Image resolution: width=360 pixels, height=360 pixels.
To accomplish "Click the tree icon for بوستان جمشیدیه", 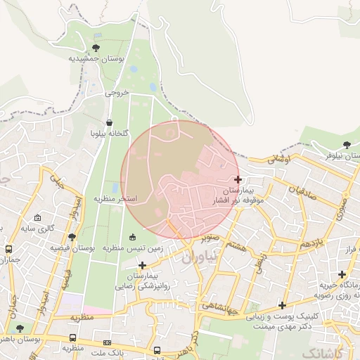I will coord(96,48).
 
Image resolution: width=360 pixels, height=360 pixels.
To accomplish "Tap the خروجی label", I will coord(117,92).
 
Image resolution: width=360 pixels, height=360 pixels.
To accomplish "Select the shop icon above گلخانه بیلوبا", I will coord(109,122).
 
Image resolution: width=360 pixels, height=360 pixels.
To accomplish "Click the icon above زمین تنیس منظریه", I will coord(134,236).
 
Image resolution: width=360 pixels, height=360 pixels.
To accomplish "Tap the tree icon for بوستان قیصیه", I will coord(72,237).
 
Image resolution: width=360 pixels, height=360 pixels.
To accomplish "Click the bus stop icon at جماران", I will coord(8,249).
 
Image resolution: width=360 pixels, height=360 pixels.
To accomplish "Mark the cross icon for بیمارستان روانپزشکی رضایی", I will coord(143,265).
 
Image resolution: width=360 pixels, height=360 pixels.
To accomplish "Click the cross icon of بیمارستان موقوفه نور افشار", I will coord(238,179).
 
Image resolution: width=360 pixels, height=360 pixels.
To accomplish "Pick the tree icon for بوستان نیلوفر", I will coord(346,145).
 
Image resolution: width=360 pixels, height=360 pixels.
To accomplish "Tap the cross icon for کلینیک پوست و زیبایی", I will coord(282,305).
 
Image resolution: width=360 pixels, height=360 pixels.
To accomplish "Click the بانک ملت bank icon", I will coord(107,342).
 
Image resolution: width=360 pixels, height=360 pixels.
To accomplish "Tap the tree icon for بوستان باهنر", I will coord(19,328).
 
